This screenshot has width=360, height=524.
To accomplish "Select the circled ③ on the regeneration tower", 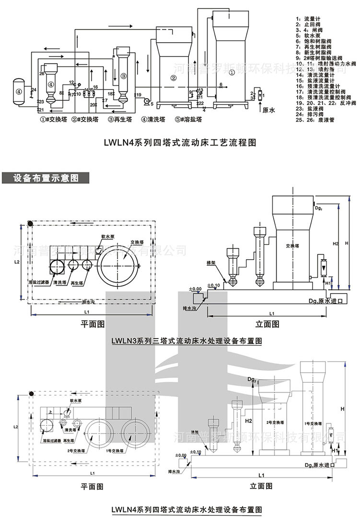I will pos(123,76).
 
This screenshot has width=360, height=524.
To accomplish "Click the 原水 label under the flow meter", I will pos(270,109).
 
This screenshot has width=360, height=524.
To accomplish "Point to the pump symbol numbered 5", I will pos(146,100).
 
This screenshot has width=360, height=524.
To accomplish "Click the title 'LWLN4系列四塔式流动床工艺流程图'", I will pos(181,142).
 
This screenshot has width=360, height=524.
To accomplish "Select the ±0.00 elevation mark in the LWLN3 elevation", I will pos(195,289).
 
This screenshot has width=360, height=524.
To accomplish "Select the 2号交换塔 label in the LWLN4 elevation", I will pos(275,423).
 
